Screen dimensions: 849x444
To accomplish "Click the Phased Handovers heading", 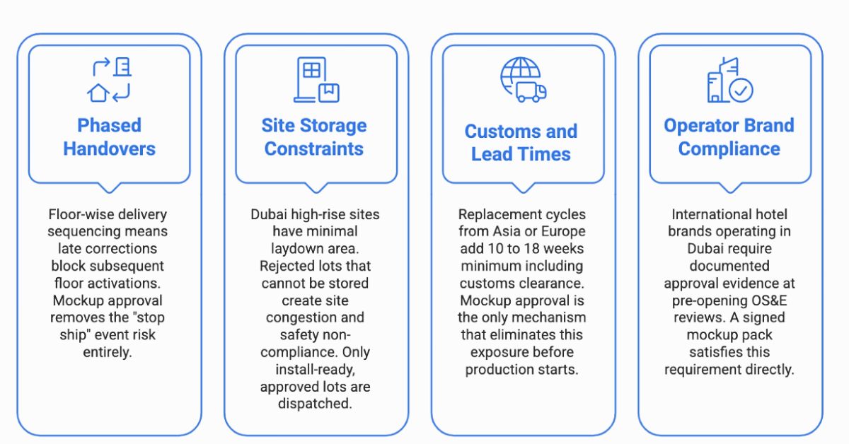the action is pos(109,136).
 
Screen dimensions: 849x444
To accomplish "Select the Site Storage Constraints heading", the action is pos(314,136).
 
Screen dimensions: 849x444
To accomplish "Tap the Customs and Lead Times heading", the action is pos(521,142).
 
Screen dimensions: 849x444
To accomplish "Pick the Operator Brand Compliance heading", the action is pos(729,136).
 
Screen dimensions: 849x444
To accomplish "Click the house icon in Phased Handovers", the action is pos(98,93).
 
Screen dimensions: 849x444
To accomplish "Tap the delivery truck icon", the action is pos(531,92).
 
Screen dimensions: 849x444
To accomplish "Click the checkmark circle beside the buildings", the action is pos(741,90).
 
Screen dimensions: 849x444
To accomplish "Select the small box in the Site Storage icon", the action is pos(329,93).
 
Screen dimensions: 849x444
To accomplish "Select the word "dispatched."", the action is pos(315,404).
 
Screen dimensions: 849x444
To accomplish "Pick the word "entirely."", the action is pos(108,352).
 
